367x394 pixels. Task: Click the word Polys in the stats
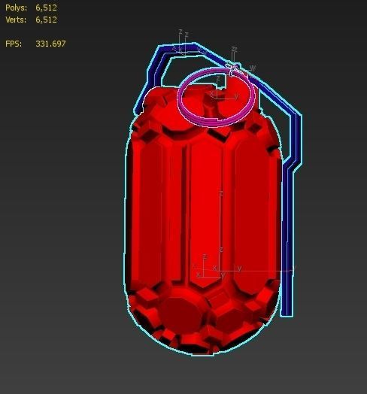[x=15, y=8]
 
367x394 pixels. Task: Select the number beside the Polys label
[x=46, y=8]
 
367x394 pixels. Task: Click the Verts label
[x=15, y=20]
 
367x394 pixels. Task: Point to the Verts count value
[x=46, y=20]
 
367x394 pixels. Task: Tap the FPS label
[x=14, y=44]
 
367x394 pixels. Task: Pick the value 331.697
[x=50, y=44]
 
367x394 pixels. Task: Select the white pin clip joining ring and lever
[x=234, y=69]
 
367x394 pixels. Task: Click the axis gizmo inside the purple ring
[x=220, y=94]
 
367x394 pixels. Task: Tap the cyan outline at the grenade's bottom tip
[x=192, y=353]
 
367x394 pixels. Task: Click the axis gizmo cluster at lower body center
[x=211, y=267]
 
